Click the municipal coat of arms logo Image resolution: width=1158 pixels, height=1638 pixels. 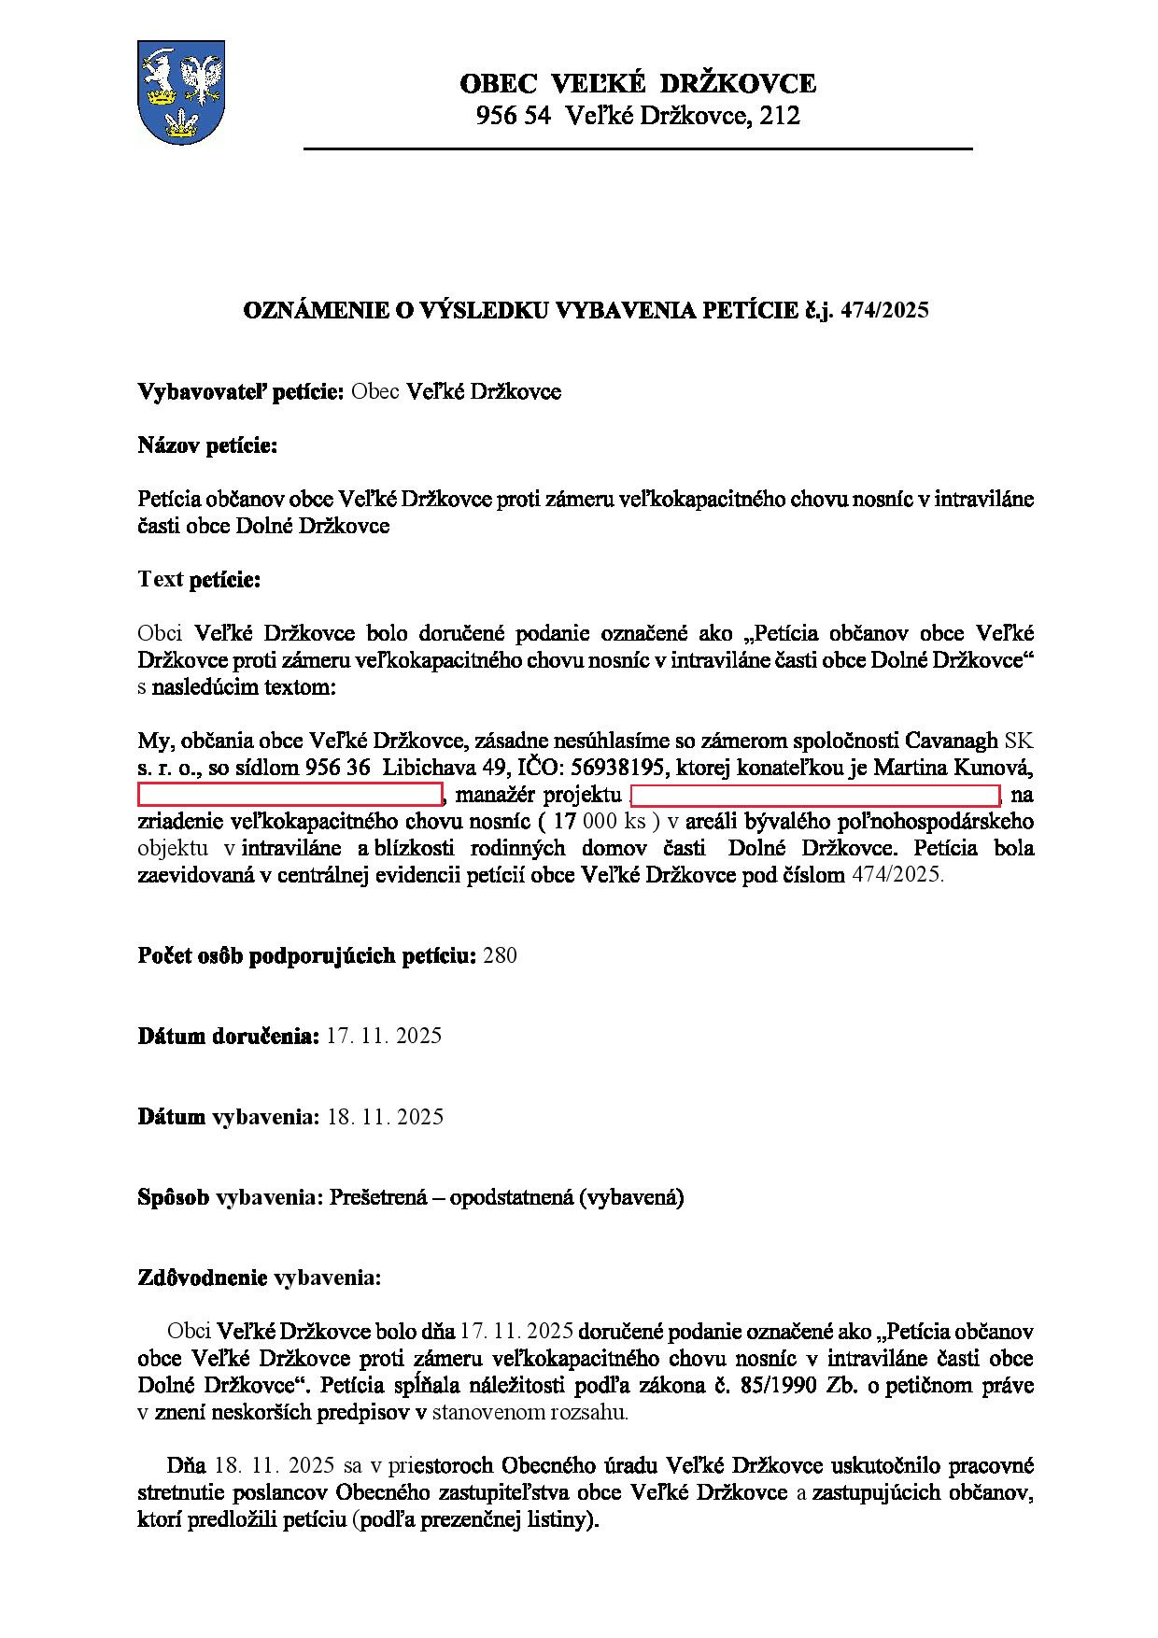coord(180,92)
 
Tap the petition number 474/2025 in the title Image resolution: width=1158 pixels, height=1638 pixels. coord(884,311)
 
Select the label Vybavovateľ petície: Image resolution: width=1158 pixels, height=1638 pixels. coord(242,391)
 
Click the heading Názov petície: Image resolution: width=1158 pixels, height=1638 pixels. coord(207,445)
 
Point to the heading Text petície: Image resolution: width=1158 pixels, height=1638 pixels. coord(199,579)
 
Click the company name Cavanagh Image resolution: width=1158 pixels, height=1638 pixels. coord(952,741)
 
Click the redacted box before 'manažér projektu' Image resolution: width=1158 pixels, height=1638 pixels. coord(289,796)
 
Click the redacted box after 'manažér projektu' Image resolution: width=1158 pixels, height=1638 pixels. coord(815,796)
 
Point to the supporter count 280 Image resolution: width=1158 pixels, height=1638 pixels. coord(500,955)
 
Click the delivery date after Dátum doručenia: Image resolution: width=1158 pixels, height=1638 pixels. coord(384,1036)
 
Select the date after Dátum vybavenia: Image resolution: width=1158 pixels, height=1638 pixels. coord(385,1117)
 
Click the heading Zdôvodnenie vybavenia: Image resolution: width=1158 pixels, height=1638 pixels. coord(259,1278)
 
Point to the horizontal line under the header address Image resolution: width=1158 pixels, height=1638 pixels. coord(638,148)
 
